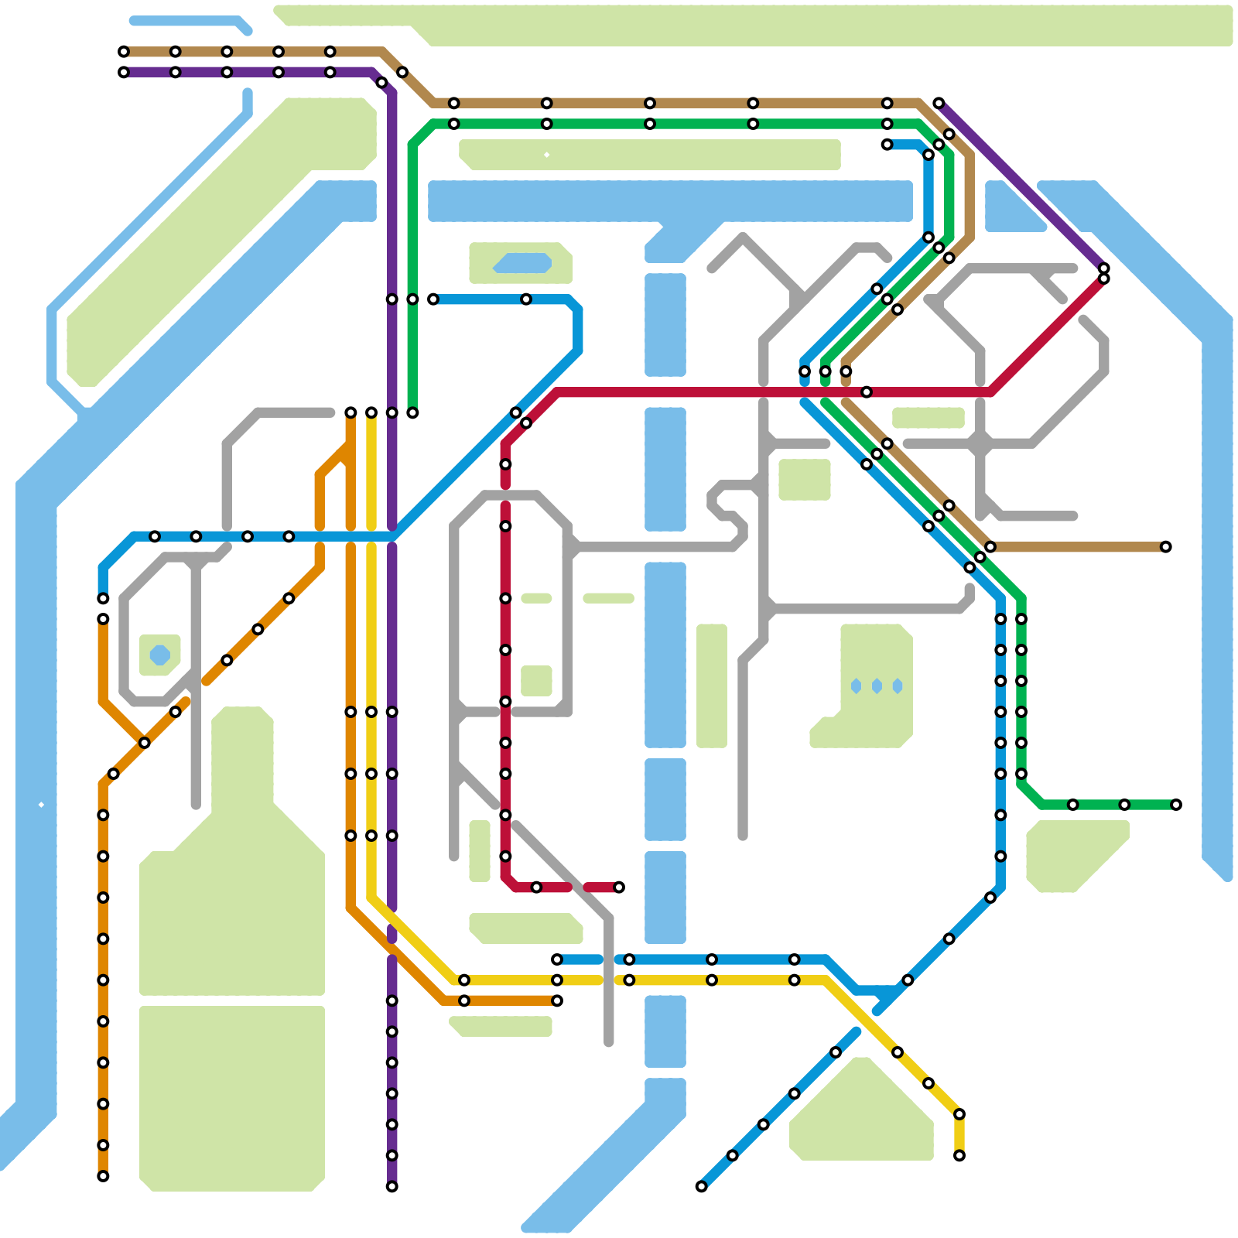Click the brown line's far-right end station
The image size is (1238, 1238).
click(x=1165, y=547)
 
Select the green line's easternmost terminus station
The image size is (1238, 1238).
click(x=1176, y=805)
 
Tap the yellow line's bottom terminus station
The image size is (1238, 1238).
click(x=959, y=1156)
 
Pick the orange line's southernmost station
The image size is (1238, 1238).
click(x=103, y=1176)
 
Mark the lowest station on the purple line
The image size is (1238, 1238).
click(x=392, y=1186)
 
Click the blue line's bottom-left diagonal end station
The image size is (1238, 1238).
click(x=701, y=1186)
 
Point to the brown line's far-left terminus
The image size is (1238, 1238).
click(x=124, y=52)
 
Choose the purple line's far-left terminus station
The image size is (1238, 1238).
click(x=124, y=73)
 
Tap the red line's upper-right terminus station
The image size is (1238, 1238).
click(x=1104, y=279)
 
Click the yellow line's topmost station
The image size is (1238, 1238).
click(x=371, y=412)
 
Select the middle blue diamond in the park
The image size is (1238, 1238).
click(x=877, y=686)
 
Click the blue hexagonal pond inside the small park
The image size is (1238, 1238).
click(x=159, y=655)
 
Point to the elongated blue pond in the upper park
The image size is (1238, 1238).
click(x=522, y=263)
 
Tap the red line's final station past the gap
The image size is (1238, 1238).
click(x=619, y=887)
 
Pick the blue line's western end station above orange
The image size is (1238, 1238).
click(x=103, y=598)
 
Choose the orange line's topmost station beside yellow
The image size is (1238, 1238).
click(x=351, y=412)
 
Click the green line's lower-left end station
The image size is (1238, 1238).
click(x=412, y=412)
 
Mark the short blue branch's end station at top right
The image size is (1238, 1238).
click(x=887, y=145)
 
